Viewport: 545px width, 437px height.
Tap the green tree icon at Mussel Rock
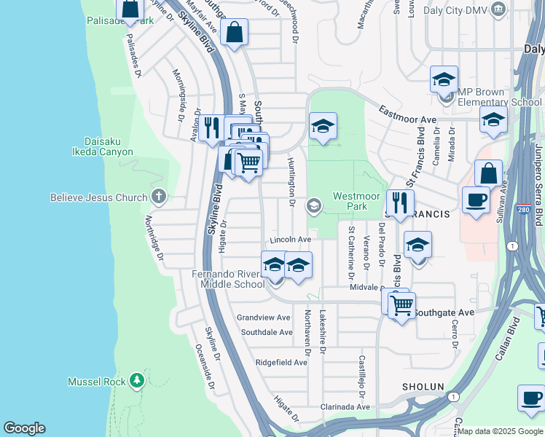click(x=136, y=381)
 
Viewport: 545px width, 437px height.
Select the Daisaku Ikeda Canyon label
click(x=103, y=146)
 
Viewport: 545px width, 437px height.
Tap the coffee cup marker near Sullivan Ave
click(x=476, y=200)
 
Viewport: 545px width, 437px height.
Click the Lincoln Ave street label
click(x=290, y=239)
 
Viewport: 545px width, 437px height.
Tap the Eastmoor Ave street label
click(x=407, y=114)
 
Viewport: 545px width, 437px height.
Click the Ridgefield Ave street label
click(x=281, y=362)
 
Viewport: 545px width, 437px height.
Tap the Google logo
click(x=24, y=428)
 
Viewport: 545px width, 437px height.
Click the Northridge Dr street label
click(x=154, y=237)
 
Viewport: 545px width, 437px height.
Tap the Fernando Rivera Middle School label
click(x=228, y=279)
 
